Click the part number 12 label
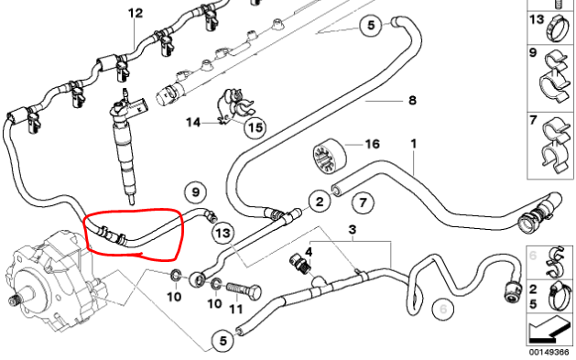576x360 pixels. click(x=136, y=13)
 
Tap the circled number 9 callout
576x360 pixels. click(x=195, y=192)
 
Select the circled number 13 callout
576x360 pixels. click(x=223, y=234)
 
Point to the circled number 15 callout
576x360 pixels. click(x=255, y=127)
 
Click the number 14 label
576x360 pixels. click(x=193, y=122)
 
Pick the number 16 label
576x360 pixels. click(x=372, y=144)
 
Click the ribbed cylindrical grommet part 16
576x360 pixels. click(x=330, y=157)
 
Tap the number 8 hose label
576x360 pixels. click(x=412, y=100)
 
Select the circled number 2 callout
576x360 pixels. click(x=320, y=202)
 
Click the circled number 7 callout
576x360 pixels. click(x=363, y=202)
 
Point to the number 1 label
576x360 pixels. click(x=414, y=144)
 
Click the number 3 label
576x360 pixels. click(x=353, y=230)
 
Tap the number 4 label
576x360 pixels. click(x=309, y=252)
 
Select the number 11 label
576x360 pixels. click(x=235, y=309)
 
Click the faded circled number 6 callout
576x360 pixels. click(x=443, y=309)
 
